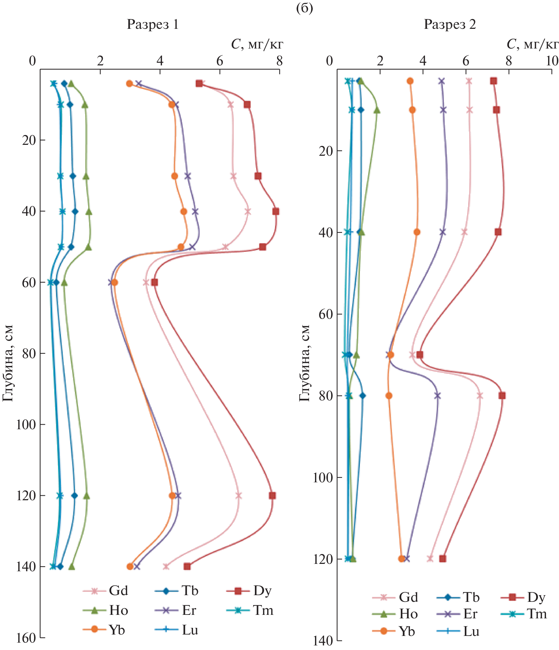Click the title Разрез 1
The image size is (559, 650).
point(153,25)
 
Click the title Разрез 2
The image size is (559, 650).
point(450,25)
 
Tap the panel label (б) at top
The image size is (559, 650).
point(304,8)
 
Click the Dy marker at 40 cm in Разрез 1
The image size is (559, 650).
point(276,211)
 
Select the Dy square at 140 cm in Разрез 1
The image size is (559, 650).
point(187,566)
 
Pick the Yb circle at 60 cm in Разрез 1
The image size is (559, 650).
point(114,282)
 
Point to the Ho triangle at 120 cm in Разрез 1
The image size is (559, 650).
point(86,496)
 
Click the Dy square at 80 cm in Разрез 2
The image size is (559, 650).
point(502,395)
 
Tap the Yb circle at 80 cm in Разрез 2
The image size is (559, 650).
point(388,395)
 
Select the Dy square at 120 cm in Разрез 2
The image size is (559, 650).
point(443,559)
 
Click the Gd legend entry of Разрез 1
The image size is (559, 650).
point(105,591)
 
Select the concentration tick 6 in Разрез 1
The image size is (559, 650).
point(220,61)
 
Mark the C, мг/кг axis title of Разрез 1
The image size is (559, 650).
point(257,44)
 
